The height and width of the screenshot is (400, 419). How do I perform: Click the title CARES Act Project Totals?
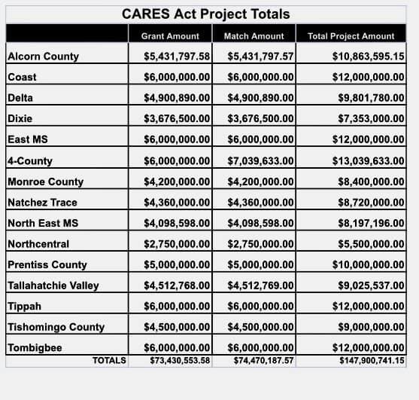pos(206,14)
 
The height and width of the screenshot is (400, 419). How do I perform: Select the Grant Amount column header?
pos(170,36)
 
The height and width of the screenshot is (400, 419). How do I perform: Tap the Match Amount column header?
pos(254,36)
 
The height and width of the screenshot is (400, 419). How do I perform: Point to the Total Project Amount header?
pos(351,36)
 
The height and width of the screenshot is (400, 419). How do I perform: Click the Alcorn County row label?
pos(44,56)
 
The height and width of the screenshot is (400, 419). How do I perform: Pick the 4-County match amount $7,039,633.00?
pos(260,160)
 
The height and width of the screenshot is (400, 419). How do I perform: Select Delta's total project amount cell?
pos(371,98)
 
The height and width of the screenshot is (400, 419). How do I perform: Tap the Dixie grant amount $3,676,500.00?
pos(177,118)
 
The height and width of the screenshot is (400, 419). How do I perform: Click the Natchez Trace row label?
pos(42,203)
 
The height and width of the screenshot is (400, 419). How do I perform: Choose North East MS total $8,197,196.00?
pos(371,223)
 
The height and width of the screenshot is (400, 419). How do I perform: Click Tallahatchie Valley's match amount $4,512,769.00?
pos(260,285)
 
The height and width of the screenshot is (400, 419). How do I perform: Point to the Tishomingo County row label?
pos(56,327)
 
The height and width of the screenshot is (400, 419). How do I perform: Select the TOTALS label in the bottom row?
pos(109,360)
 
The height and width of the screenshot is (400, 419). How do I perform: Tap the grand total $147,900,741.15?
pos(372,361)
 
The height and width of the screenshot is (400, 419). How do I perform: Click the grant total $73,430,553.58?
pos(180,361)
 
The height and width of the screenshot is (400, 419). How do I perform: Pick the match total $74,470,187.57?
pos(264,361)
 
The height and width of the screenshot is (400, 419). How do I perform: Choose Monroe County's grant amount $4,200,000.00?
pos(177,182)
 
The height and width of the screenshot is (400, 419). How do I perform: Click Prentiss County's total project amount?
pos(369,264)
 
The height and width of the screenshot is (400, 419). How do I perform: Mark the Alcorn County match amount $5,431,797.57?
pos(260,56)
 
